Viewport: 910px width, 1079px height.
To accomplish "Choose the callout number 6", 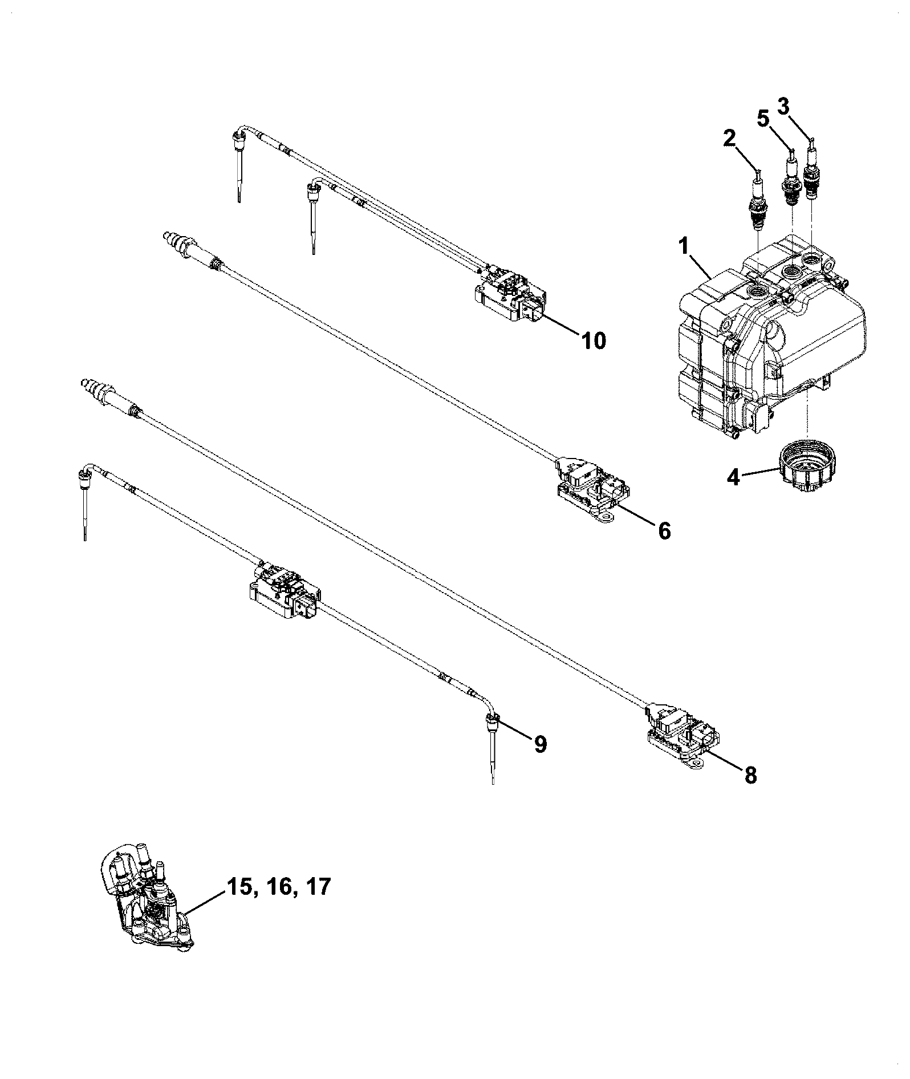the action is pyautogui.click(x=664, y=531).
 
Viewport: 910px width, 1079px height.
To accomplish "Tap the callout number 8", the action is pyautogui.click(x=750, y=774).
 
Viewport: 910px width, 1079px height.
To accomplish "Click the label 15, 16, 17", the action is pyautogui.click(x=279, y=887).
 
